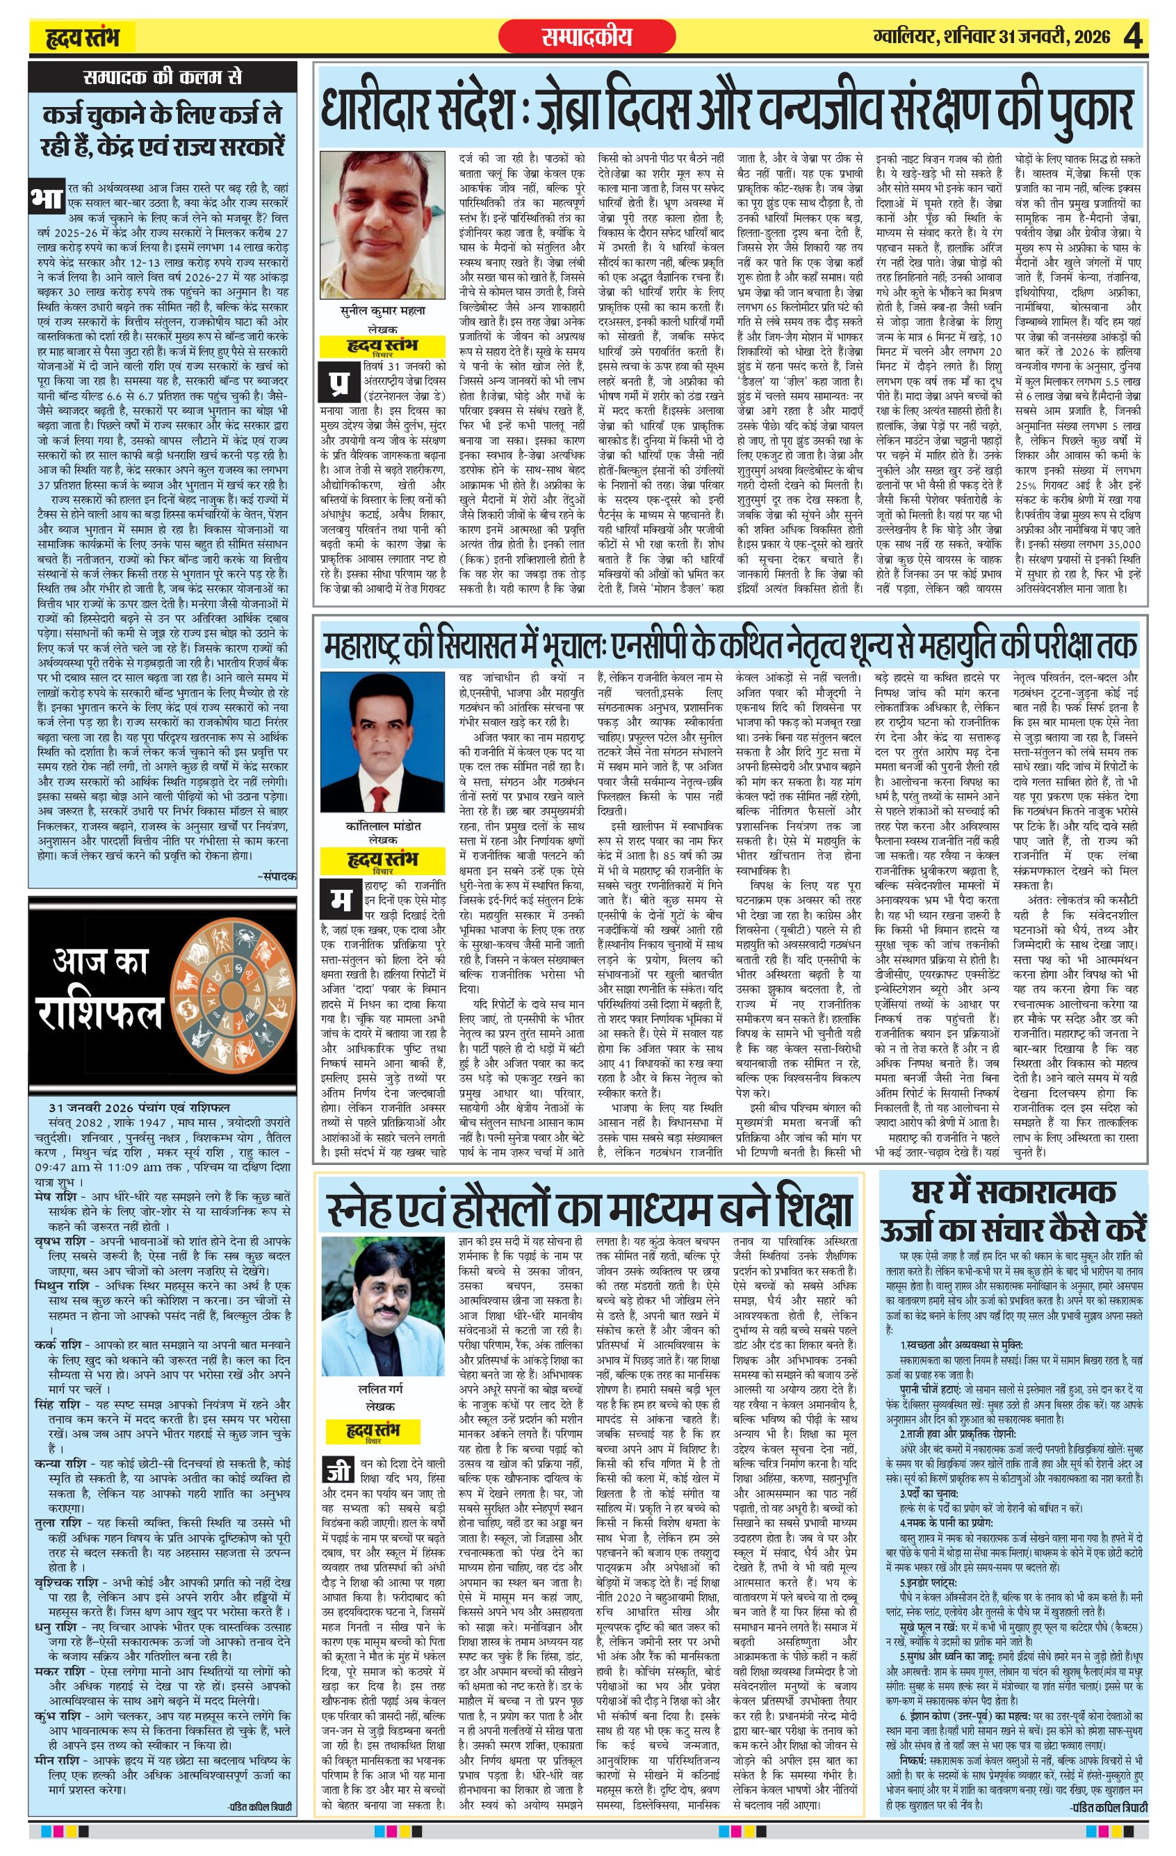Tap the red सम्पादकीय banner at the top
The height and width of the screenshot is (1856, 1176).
pyautogui.click(x=587, y=37)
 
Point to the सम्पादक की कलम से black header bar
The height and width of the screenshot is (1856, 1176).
pyautogui.click(x=162, y=78)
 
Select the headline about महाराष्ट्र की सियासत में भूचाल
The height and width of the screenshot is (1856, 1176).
pyautogui.click(x=728, y=644)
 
